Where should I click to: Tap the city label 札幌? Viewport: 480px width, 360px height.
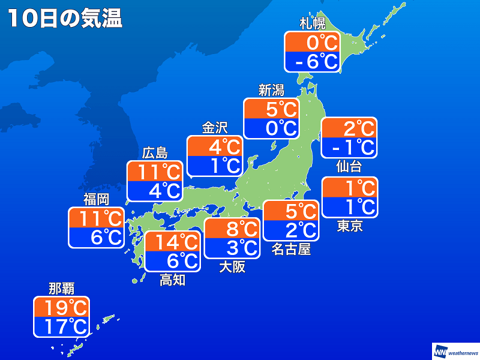(312, 24)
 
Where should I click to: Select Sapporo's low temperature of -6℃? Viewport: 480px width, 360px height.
(312, 61)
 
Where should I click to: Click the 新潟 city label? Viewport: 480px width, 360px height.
(271, 91)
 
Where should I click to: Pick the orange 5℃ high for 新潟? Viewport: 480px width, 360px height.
(271, 109)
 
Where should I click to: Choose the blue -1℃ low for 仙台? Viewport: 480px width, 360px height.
(349, 146)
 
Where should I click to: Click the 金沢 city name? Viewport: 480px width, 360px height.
(214, 128)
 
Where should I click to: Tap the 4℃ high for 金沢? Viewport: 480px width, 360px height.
(215, 146)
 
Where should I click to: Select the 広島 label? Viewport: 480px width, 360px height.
(155, 153)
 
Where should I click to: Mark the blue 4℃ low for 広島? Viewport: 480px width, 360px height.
(155, 190)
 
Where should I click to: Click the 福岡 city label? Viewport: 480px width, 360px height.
(96, 200)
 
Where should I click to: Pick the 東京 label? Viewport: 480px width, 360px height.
(349, 226)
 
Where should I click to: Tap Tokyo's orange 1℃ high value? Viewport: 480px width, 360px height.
(350, 188)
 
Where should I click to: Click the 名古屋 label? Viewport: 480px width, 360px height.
(291, 249)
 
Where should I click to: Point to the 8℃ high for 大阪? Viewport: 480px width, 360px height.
(232, 229)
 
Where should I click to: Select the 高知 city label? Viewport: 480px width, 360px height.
(172, 280)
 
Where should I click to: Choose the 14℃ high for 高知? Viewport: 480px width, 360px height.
(173, 242)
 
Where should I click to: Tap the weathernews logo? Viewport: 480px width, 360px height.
(455, 350)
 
